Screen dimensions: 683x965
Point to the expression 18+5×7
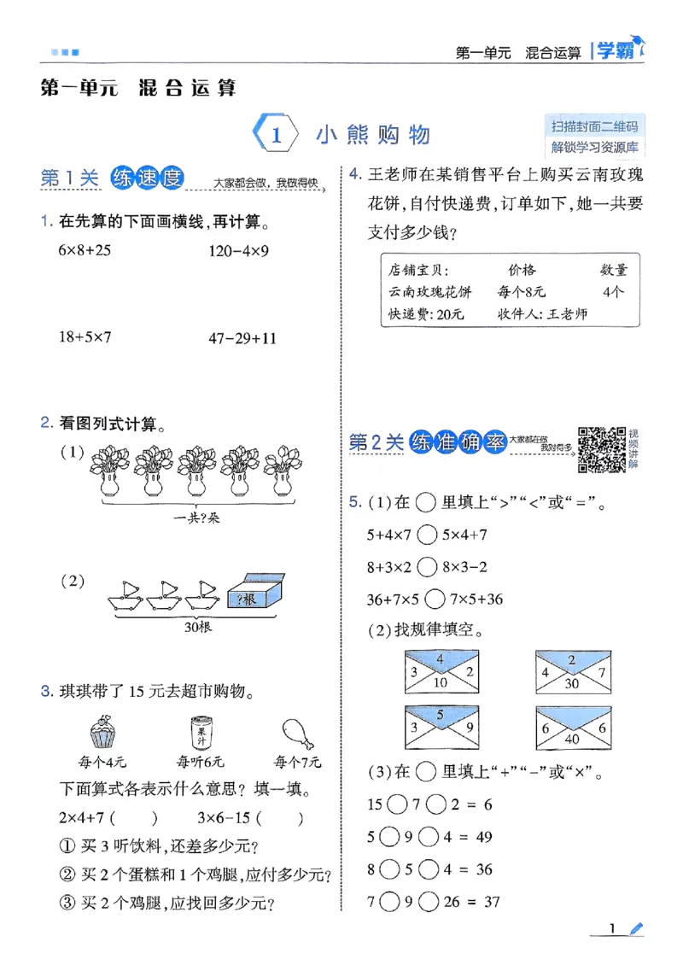coord(85,337)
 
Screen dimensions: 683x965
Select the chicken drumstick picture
coord(296,733)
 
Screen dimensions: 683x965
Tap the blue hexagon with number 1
coord(276,135)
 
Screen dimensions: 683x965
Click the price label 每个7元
coord(297,761)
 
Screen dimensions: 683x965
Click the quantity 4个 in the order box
coord(613,291)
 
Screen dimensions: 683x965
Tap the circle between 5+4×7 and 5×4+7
coord(429,535)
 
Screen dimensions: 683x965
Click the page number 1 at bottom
coord(613,929)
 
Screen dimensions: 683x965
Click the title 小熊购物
coord(372,135)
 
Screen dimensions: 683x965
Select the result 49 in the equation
coord(484,837)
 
